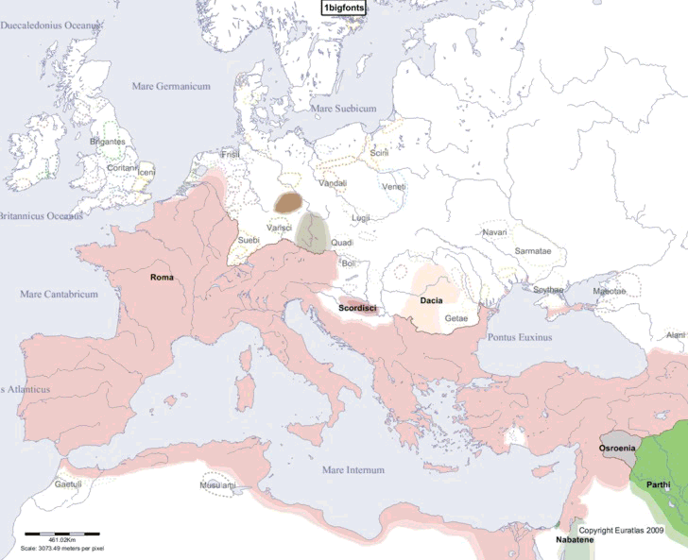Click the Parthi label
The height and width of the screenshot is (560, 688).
pos(659,484)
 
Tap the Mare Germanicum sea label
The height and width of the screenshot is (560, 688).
pos(170,86)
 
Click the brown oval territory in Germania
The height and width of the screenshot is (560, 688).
pos(289,202)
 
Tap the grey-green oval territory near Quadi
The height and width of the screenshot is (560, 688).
pos(311,231)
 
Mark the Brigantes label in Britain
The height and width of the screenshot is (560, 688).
pos(107,142)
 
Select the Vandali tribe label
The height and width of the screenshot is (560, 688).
pos(333,183)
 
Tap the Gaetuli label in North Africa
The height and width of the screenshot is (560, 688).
pos(68,484)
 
